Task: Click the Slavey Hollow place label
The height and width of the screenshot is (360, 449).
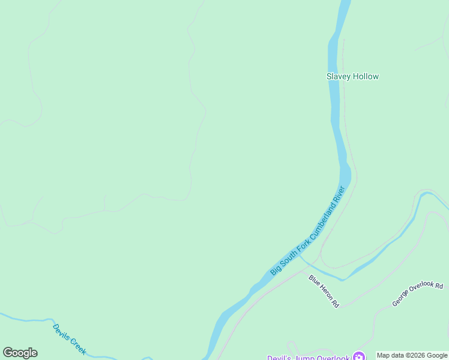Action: point(352,76)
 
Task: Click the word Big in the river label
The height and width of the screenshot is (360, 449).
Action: point(274,269)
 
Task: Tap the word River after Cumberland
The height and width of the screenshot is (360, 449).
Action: point(339,193)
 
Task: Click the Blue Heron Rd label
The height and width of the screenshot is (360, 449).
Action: point(324,291)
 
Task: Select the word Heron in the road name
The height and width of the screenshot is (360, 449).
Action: point(325,292)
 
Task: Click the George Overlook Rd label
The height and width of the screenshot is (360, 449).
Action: point(417,294)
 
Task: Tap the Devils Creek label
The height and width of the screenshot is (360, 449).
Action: point(70,338)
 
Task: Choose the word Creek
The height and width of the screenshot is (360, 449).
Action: point(79,345)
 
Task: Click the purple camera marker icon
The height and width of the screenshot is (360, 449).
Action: point(359,356)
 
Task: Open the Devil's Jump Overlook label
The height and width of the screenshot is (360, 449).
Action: point(308,358)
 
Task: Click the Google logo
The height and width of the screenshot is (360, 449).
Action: point(20,353)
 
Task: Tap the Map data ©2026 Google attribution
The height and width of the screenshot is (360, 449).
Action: point(412,355)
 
